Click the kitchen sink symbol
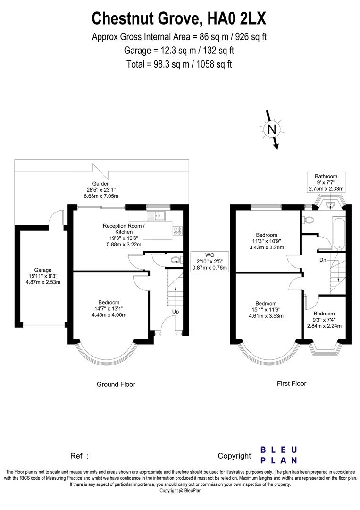pos(156,216)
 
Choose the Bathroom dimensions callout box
pos(326,182)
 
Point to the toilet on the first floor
pos(309,220)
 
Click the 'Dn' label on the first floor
pos(323,260)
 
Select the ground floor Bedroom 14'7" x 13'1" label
pos(109,309)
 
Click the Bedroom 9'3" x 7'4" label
pos(324,320)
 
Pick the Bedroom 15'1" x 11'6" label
pos(266,310)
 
